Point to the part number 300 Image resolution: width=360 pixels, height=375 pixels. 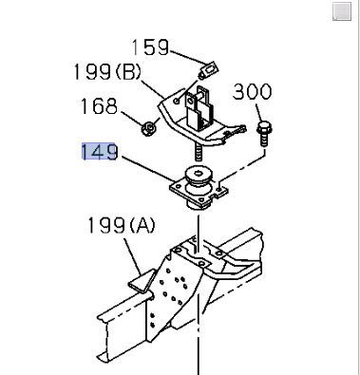(252, 92)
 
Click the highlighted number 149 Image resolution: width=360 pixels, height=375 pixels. (100, 150)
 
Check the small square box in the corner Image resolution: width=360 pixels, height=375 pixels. (341, 10)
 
